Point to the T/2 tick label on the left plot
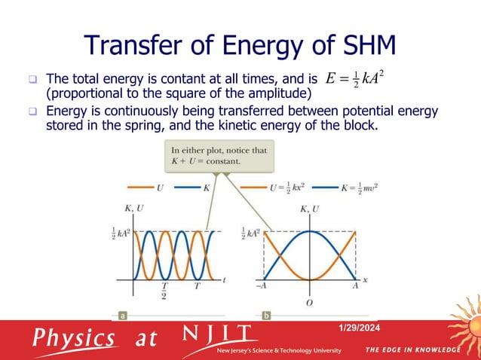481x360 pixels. pyautogui.click(x=164, y=290)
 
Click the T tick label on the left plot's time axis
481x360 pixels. pyautogui.click(x=197, y=286)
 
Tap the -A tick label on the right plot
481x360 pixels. pyautogui.click(x=262, y=286)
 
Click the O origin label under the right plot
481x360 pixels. pyautogui.click(x=309, y=303)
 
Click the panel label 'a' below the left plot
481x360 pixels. pyautogui.click(x=121, y=316)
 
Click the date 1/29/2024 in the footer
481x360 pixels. pyautogui.click(x=361, y=328)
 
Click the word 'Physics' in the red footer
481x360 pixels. pyautogui.click(x=74, y=338)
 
